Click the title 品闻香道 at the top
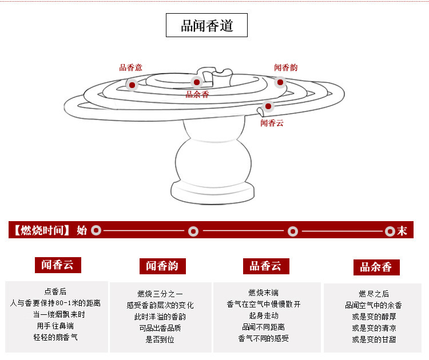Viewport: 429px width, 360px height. (206, 26)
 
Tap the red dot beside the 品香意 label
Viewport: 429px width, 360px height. (132, 85)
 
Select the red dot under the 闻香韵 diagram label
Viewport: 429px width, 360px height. (280, 82)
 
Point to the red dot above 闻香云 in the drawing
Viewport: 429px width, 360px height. (268, 106)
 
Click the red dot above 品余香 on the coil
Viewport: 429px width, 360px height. (196, 82)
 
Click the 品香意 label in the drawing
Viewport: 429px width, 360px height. (130, 67)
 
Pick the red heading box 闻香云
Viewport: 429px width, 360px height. (58, 265)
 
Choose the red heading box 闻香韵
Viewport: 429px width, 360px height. (162, 266)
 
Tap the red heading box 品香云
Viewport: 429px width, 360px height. (265, 266)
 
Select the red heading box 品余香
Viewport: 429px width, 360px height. (376, 267)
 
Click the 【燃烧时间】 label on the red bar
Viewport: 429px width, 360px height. (42, 231)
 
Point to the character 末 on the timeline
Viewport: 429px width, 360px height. (402, 231)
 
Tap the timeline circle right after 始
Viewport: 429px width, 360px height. (96, 231)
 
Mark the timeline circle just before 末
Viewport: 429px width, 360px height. (390, 231)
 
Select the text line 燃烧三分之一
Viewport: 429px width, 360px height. (160, 294)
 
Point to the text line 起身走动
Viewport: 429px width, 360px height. (264, 315)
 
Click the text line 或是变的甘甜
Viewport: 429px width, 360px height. (374, 339)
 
